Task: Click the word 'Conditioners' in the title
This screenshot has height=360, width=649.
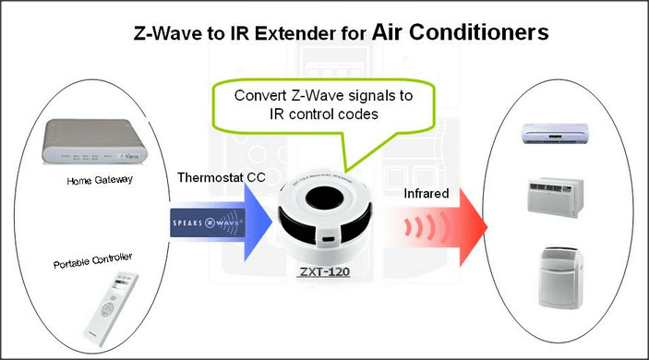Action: pos(479,33)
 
